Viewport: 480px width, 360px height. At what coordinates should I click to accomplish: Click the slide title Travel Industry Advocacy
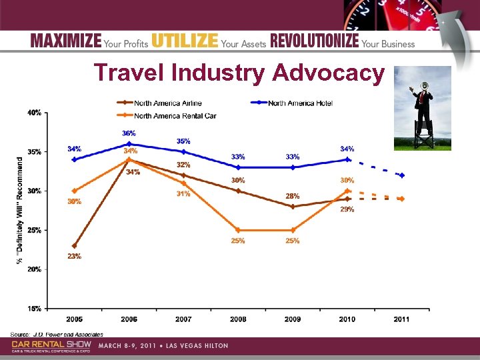click(x=239, y=73)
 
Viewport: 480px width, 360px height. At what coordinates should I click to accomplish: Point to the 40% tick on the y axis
click(x=34, y=113)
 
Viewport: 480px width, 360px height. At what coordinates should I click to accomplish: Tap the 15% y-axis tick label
click(x=34, y=309)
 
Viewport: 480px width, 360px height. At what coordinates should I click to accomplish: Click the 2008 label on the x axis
click(x=238, y=320)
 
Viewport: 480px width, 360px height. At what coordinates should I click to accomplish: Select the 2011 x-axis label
click(x=401, y=320)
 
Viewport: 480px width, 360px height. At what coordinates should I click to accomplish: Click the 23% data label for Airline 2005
click(x=74, y=257)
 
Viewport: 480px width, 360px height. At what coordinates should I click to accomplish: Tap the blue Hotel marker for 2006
click(x=129, y=144)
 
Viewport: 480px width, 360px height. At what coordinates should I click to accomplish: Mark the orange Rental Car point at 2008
click(x=238, y=230)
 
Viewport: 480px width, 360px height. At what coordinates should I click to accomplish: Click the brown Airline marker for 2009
click(x=293, y=207)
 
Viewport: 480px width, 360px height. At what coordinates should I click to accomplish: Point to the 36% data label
click(x=129, y=133)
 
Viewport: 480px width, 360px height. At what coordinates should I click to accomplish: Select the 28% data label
click(x=293, y=196)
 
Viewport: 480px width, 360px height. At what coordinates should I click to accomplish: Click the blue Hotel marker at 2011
click(x=401, y=175)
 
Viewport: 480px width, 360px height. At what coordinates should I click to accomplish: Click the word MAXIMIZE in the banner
click(x=66, y=42)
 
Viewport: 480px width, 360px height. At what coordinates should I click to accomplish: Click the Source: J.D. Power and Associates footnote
click(x=57, y=333)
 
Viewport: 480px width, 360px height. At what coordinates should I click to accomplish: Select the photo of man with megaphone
click(x=422, y=109)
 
